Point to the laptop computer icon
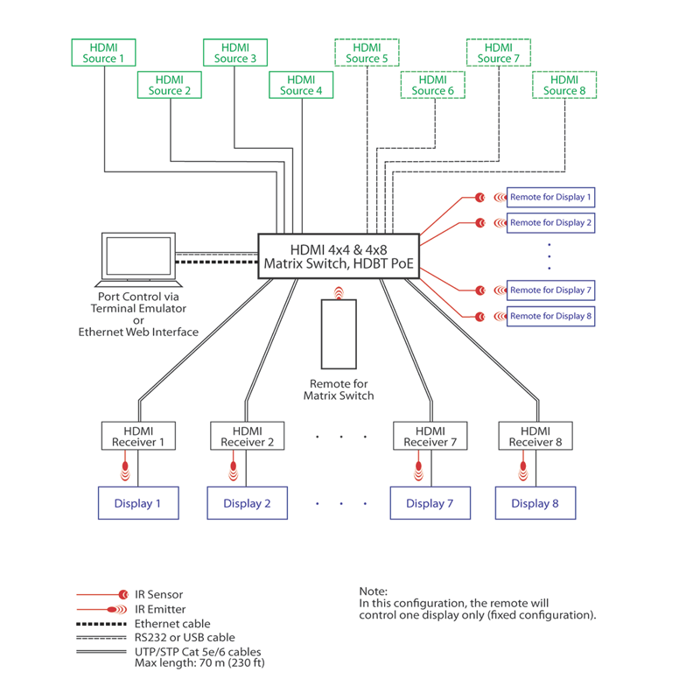click(138, 260)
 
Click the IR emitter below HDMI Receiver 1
click(125, 470)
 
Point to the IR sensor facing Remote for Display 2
click(480, 222)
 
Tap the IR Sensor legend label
click(159, 595)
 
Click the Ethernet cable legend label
click(172, 624)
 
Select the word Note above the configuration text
click(374, 591)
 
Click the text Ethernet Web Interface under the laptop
click(138, 332)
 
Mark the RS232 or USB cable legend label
click(185, 638)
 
